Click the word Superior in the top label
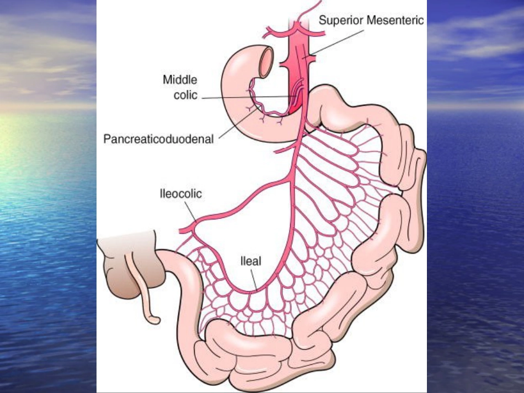pyautogui.click(x=341, y=21)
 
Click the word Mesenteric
pyautogui.click(x=395, y=20)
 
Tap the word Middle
pyautogui.click(x=180, y=80)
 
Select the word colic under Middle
pyautogui.click(x=185, y=95)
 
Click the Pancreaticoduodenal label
pyautogui.click(x=158, y=139)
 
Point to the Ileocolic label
pyautogui.click(x=181, y=193)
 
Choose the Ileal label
pyautogui.click(x=250, y=261)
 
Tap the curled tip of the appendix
pyautogui.click(x=154, y=319)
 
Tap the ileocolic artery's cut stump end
pyautogui.click(x=181, y=230)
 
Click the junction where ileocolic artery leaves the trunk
pyautogui.click(x=290, y=180)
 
